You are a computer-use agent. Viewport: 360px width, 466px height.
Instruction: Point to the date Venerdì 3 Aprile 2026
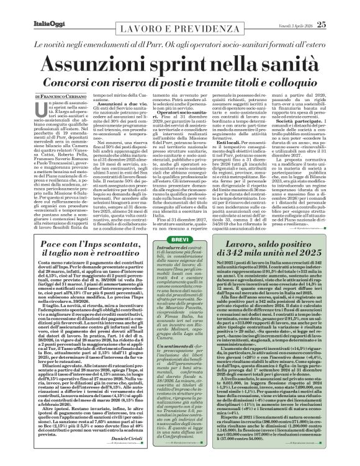308,7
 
